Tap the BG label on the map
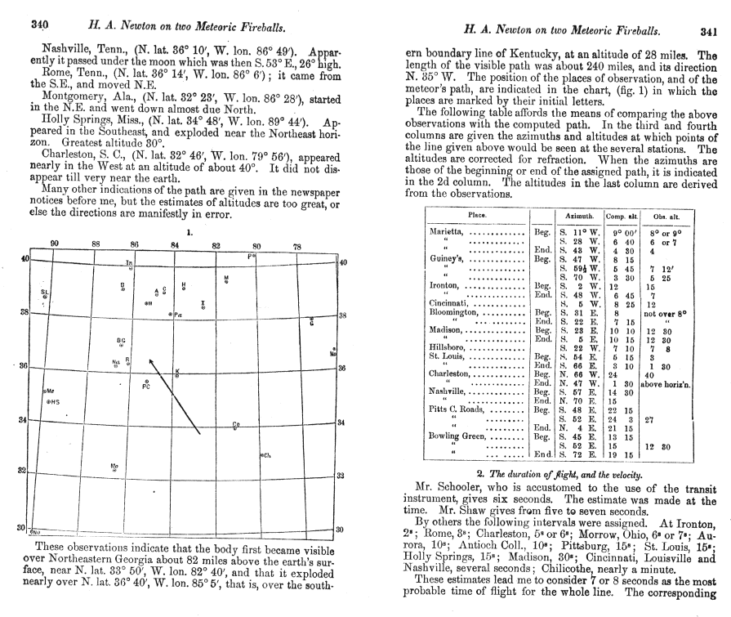coord(121,340)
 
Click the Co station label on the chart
coord(235,424)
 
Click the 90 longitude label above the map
coord(55,244)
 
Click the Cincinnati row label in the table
coord(453,303)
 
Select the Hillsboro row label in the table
coord(451,347)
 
